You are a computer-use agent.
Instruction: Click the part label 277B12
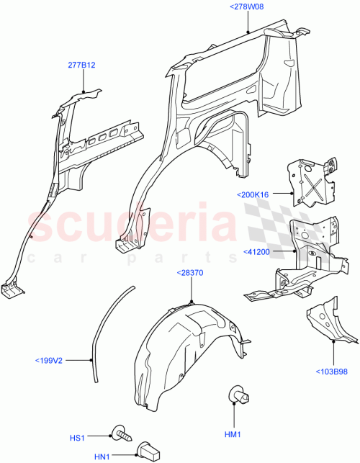82,65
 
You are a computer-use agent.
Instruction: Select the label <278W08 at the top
247,6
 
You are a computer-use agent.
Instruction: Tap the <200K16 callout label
252,194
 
